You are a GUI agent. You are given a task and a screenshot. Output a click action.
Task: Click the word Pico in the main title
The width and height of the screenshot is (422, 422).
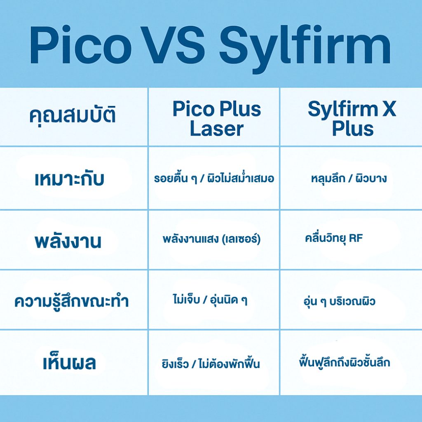[x=80, y=45]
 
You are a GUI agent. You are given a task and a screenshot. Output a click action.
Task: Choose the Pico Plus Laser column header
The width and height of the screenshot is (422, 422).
[x=217, y=119]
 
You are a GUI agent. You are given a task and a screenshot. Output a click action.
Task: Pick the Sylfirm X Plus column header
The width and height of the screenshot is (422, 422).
[x=352, y=118]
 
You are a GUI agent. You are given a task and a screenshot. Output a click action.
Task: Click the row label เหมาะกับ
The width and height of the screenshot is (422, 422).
[x=69, y=178]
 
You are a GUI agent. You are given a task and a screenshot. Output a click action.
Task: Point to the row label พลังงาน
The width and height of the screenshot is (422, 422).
[x=68, y=240]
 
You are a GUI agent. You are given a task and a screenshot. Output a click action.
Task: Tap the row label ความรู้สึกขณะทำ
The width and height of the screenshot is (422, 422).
[x=72, y=300]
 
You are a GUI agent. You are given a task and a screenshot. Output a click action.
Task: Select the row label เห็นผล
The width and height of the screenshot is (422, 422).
[x=69, y=362]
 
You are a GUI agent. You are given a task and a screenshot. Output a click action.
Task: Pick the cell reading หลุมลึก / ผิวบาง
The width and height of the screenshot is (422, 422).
[x=349, y=178]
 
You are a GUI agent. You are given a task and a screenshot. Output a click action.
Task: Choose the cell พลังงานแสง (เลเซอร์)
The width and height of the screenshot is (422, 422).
[x=211, y=239]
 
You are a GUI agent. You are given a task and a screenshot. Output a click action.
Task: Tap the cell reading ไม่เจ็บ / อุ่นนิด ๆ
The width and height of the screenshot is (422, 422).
[x=210, y=299]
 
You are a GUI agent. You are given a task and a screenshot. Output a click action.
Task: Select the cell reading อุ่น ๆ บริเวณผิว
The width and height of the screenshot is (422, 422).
[x=339, y=300]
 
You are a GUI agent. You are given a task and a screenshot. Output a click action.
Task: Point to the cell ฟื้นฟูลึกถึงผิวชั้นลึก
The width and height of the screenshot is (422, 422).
[x=344, y=361]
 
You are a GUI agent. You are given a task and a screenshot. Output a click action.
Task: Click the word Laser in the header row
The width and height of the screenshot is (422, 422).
[x=217, y=129]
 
